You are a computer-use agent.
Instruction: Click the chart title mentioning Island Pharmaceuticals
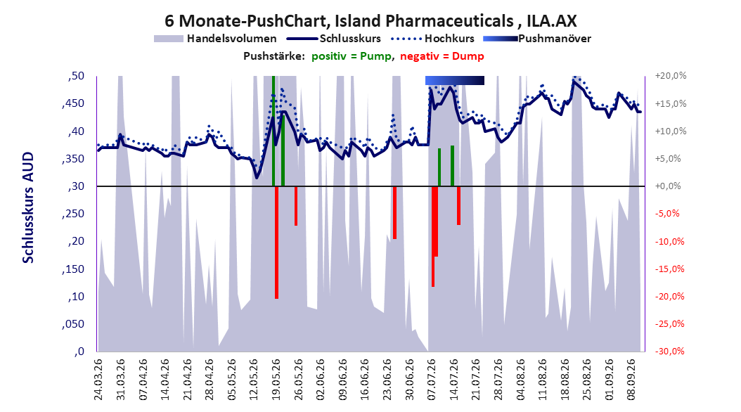(370, 21)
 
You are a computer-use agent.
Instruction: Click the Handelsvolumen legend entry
(215, 39)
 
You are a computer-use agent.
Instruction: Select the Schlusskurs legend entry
(334, 39)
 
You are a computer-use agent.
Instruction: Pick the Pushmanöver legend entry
(537, 39)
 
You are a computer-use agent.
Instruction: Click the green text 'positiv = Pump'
(352, 56)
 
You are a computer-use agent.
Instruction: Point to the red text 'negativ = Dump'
(442, 56)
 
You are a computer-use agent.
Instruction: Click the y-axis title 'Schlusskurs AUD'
(28, 207)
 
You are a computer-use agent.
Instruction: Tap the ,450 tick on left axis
(73, 103)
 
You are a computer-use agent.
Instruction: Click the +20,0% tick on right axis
(671, 76)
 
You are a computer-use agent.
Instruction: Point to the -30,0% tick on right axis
(669, 352)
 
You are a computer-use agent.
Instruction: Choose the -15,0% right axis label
(669, 269)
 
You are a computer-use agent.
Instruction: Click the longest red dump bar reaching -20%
(276, 243)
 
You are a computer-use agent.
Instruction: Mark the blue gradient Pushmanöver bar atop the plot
(455, 81)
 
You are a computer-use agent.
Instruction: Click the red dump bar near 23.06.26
(394, 212)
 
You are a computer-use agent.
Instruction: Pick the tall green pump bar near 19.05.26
(273, 131)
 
